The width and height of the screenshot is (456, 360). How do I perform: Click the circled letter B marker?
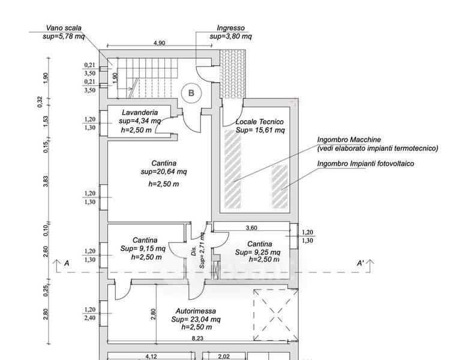(191, 93)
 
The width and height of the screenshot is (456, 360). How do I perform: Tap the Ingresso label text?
(231, 28)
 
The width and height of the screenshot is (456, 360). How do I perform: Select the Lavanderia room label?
(139, 112)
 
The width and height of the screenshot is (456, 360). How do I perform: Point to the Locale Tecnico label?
(260, 121)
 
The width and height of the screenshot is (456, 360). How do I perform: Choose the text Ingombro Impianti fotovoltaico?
(367, 163)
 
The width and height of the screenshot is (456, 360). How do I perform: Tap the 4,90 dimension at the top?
(159, 43)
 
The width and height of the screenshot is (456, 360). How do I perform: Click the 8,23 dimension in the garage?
(197, 338)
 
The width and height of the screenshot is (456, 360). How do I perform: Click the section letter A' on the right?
(360, 263)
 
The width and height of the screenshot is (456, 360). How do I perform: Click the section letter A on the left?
(67, 263)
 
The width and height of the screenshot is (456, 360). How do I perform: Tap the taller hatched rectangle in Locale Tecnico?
(232, 169)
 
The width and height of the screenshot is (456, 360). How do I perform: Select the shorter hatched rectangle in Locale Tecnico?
(280, 186)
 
